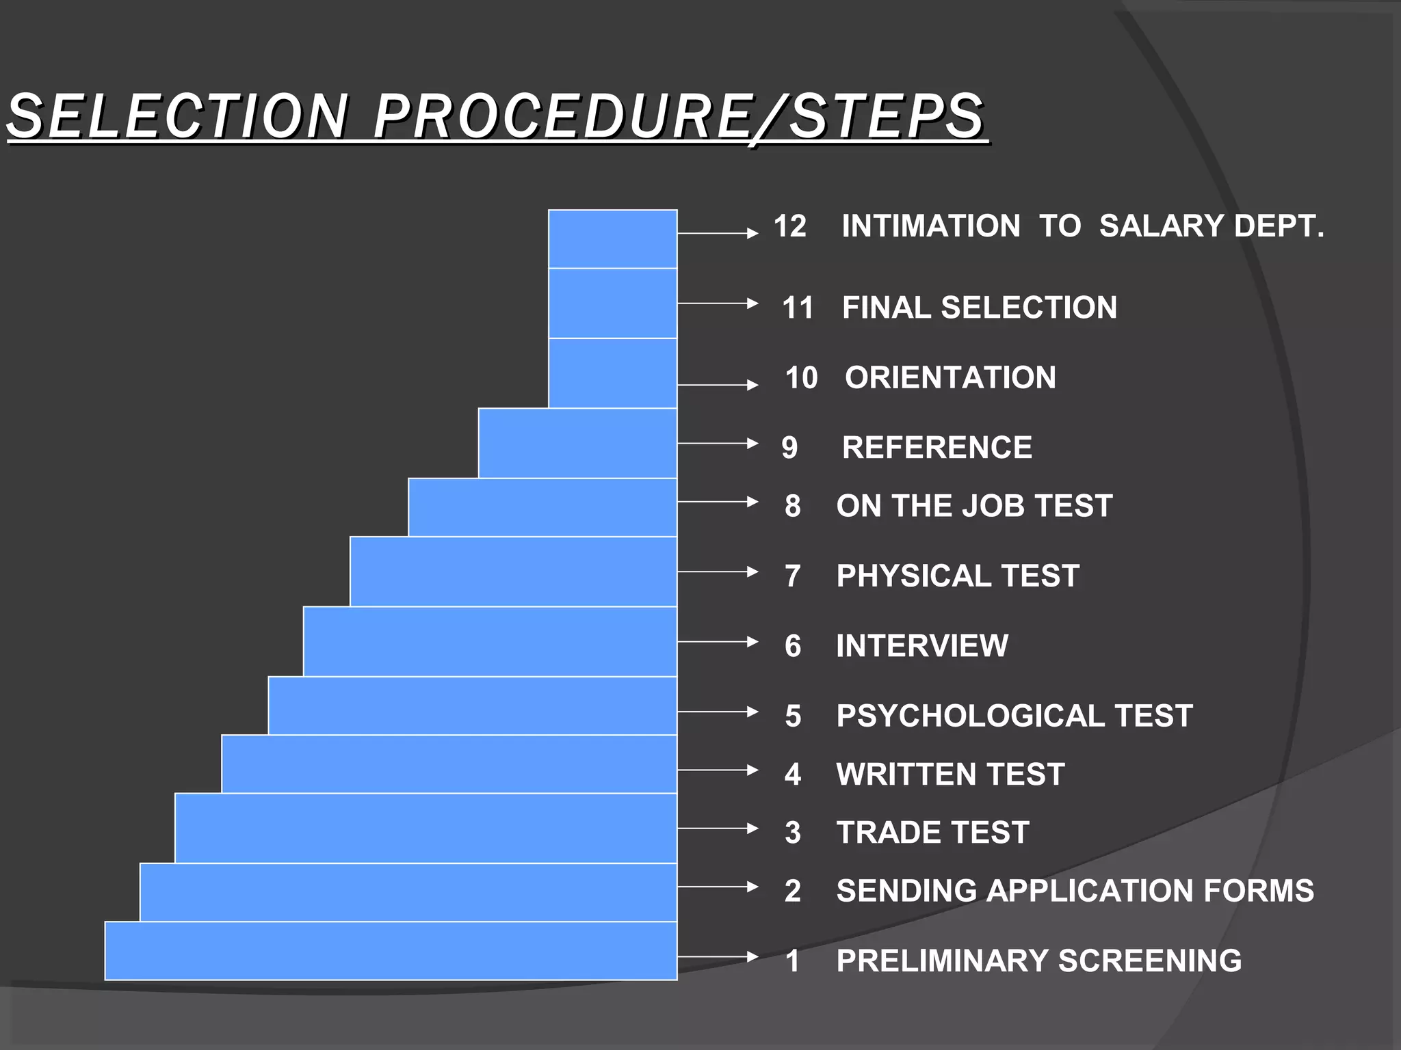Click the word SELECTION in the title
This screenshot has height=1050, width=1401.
tap(178, 116)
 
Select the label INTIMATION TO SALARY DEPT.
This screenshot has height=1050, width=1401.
tap(1082, 226)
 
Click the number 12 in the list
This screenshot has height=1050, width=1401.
tap(790, 226)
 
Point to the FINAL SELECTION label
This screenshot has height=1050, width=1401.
tap(979, 308)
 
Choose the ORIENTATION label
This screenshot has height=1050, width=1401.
tap(950, 378)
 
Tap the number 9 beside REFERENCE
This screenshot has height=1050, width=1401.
tap(789, 448)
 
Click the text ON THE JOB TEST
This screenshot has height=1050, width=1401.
tap(974, 507)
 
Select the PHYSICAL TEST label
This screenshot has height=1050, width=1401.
tap(958, 576)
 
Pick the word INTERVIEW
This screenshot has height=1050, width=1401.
tap(921, 646)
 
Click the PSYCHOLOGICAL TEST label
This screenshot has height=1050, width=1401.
tap(1014, 716)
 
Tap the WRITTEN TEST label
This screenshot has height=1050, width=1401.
tap(950, 775)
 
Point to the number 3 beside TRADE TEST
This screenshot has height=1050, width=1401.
tap(793, 833)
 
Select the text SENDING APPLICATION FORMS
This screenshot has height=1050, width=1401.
tap(1075, 891)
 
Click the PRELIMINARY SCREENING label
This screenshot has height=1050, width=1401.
tap(1038, 961)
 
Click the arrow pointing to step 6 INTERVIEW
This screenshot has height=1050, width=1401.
tap(718, 641)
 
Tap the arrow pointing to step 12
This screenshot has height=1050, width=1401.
tap(718, 233)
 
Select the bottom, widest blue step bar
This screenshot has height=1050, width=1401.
tap(391, 951)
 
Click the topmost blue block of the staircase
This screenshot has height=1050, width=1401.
tap(612, 239)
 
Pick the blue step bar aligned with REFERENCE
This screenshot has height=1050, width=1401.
tap(577, 443)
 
